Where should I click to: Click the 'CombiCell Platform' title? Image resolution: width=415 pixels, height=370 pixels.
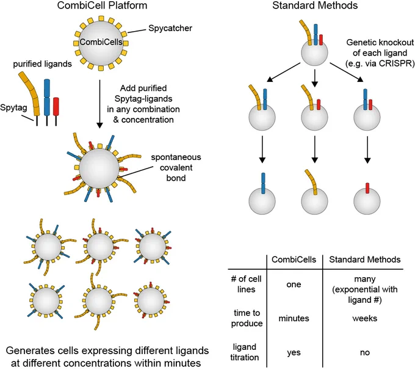[102, 5]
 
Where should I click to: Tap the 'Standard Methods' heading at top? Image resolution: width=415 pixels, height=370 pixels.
[315, 5]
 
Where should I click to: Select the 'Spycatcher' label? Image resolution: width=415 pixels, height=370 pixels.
[170, 28]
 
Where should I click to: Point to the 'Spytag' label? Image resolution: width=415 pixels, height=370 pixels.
[13, 107]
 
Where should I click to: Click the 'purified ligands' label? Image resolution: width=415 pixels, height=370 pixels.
[42, 64]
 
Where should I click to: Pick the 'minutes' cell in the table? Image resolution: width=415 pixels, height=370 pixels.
[294, 318]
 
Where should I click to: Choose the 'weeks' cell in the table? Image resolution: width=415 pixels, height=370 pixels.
[365, 318]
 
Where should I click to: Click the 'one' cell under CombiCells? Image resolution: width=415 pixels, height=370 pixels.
[294, 285]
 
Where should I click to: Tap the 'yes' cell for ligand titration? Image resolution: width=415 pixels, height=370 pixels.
[294, 353]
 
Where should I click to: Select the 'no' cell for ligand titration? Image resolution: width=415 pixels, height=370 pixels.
[365, 353]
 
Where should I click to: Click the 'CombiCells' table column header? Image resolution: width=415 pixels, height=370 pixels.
[294, 259]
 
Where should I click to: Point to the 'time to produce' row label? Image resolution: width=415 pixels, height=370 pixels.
[247, 318]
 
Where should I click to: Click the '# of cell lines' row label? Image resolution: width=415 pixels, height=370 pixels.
[246, 284]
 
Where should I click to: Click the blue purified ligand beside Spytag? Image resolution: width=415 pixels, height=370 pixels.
[47, 102]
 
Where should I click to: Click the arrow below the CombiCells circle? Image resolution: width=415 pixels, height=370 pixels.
[99, 104]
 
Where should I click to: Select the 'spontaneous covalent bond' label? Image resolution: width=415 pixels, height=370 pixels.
[176, 167]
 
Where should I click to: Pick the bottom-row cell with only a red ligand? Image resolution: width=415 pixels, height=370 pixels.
[367, 198]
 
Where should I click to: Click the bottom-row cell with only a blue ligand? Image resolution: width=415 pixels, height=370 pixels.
[262, 194]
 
